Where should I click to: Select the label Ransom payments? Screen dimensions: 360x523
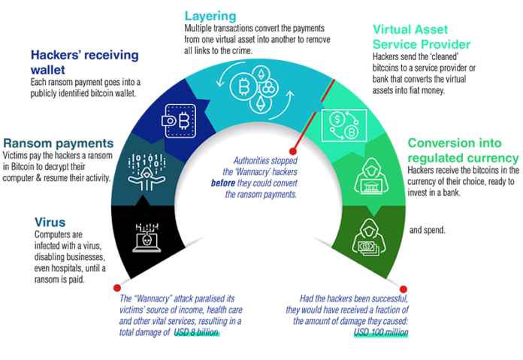coord(58,142)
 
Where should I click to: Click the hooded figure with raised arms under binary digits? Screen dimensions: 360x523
coord(144,172)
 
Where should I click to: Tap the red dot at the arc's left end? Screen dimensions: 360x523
coord(116,288)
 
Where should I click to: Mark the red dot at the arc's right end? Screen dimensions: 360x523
coord(404,289)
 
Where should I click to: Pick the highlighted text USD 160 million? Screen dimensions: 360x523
coord(380,331)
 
